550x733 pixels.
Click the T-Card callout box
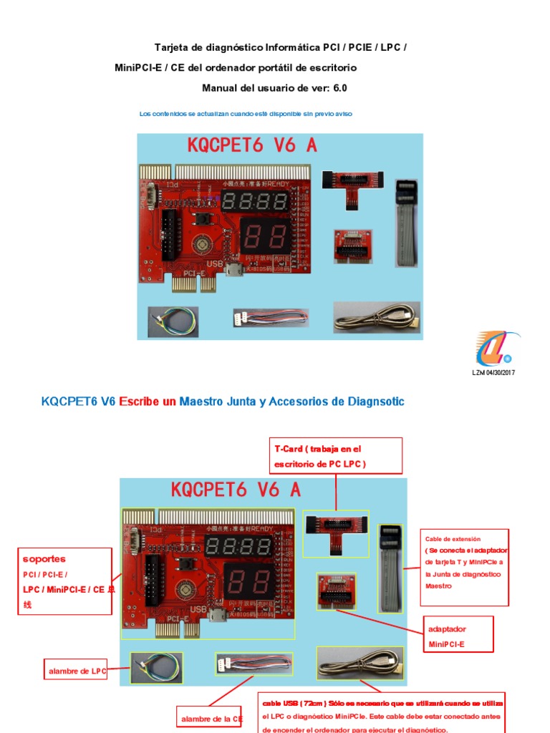336,456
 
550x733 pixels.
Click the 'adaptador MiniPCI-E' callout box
459,636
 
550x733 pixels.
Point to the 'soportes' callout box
65,581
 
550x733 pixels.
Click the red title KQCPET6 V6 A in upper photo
252,145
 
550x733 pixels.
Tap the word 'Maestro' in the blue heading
201,402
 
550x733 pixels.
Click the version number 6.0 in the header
340,88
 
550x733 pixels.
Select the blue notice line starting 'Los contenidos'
246,114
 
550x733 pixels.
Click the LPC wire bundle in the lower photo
155,667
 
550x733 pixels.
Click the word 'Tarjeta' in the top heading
170,48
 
